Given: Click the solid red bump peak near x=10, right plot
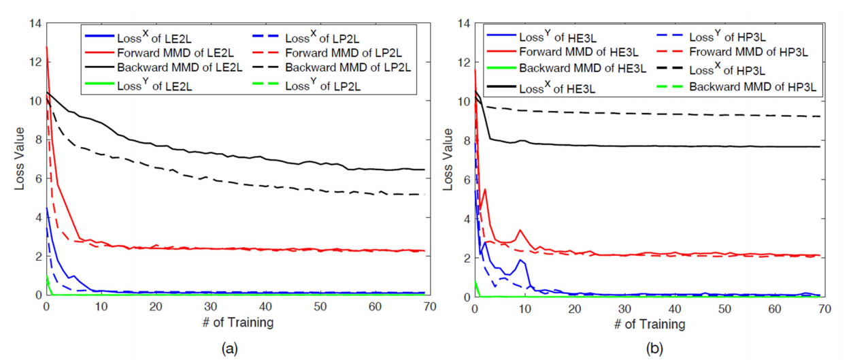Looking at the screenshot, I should [x=520, y=231].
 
